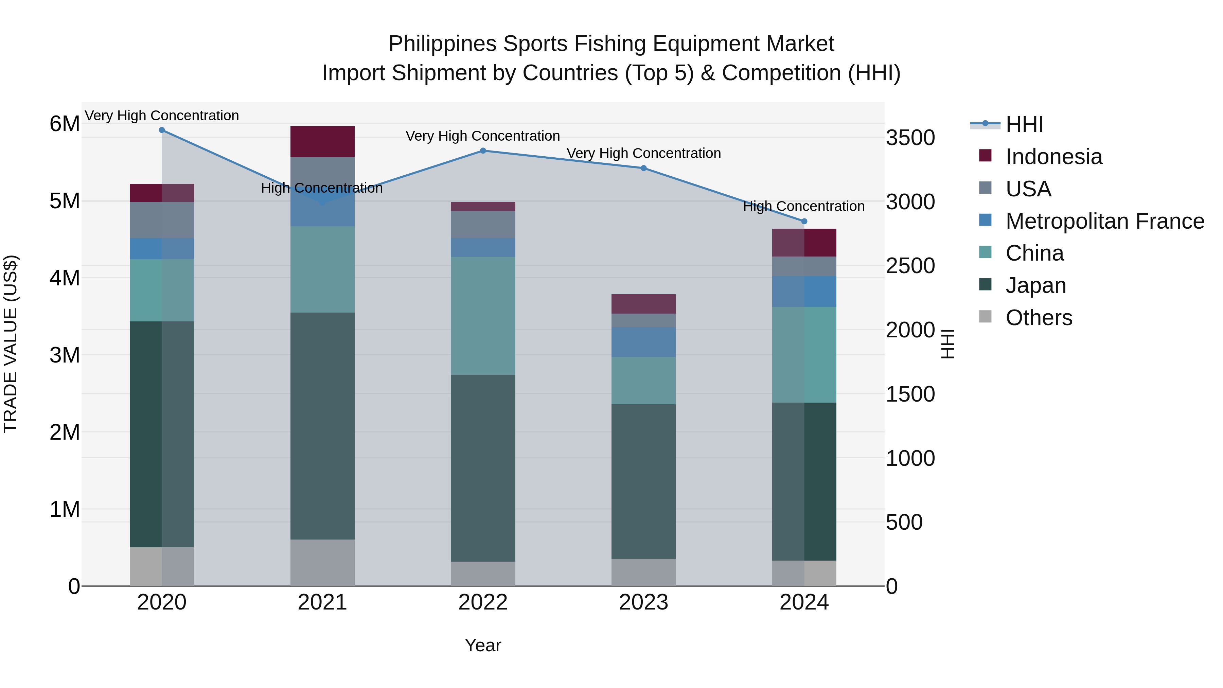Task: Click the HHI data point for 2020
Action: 162,130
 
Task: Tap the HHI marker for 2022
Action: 483,151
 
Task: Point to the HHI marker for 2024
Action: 804,221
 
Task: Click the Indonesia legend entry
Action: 1053,157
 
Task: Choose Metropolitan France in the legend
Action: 1104,221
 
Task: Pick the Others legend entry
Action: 1039,318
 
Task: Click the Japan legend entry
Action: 1036,285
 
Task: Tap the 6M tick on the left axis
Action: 65,124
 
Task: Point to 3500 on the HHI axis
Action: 910,138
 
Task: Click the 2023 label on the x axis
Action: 643,602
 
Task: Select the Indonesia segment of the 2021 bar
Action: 322,141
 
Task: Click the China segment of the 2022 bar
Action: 483,316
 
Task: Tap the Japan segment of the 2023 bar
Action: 643,481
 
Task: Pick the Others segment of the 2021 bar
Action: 322,563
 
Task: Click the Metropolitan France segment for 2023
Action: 643,342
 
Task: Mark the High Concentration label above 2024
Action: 803,207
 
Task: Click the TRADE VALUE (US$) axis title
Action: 11,344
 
